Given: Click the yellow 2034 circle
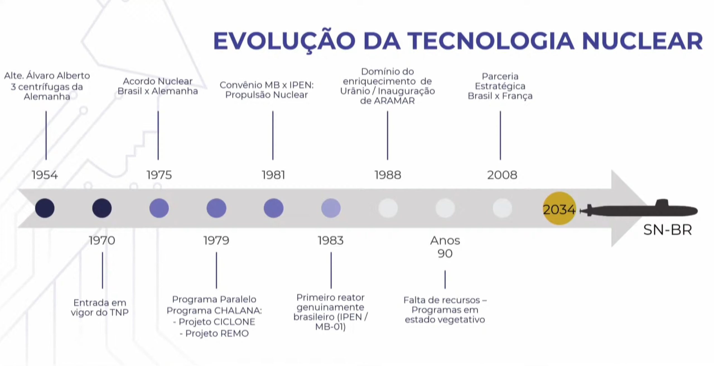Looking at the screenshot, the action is coord(559,208).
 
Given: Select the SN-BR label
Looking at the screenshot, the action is coord(667,230).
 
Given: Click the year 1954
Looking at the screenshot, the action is coord(45,175).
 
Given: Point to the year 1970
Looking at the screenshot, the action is coord(102,240).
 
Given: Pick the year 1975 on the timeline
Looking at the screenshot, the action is coord(159,175).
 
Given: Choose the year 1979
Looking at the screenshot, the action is coord(216,240).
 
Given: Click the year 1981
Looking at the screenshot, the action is coord(273,175).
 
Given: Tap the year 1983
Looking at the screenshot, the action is coord(331,240).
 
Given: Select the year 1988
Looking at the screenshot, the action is coord(388,175).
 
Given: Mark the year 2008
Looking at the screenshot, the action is coord(502,175).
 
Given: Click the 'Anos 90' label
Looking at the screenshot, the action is coord(445,247).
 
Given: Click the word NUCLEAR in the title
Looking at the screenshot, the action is coord(642,41).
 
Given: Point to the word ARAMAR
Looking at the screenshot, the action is coord(394,101).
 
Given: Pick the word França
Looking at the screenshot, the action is coord(517,96).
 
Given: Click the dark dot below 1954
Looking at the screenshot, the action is coord(45,208).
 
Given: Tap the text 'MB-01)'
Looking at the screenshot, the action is coord(330,326).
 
